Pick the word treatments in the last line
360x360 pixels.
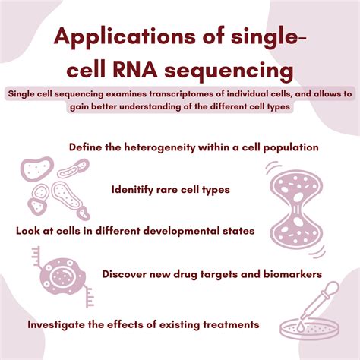[x=228, y=324]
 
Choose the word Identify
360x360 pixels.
[x=135, y=188]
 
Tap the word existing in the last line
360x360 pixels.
[x=172, y=324]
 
